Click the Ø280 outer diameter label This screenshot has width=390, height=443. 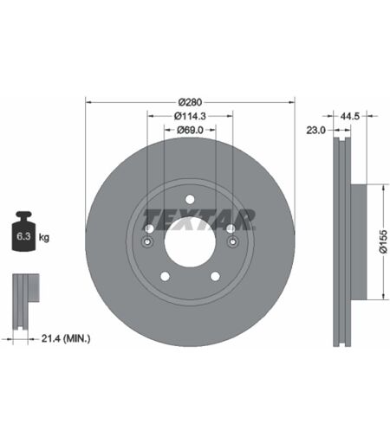190,102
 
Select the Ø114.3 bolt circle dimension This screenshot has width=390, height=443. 190,116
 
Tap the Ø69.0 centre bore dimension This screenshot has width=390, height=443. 190,130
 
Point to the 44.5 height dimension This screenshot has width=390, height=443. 349,116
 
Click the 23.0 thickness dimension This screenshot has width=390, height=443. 315,131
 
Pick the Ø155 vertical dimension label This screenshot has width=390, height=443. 383,241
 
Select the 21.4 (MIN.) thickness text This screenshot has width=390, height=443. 66,338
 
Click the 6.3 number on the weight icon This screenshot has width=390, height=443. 23,236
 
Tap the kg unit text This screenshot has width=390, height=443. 44,237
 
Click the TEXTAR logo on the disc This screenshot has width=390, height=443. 199,220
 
